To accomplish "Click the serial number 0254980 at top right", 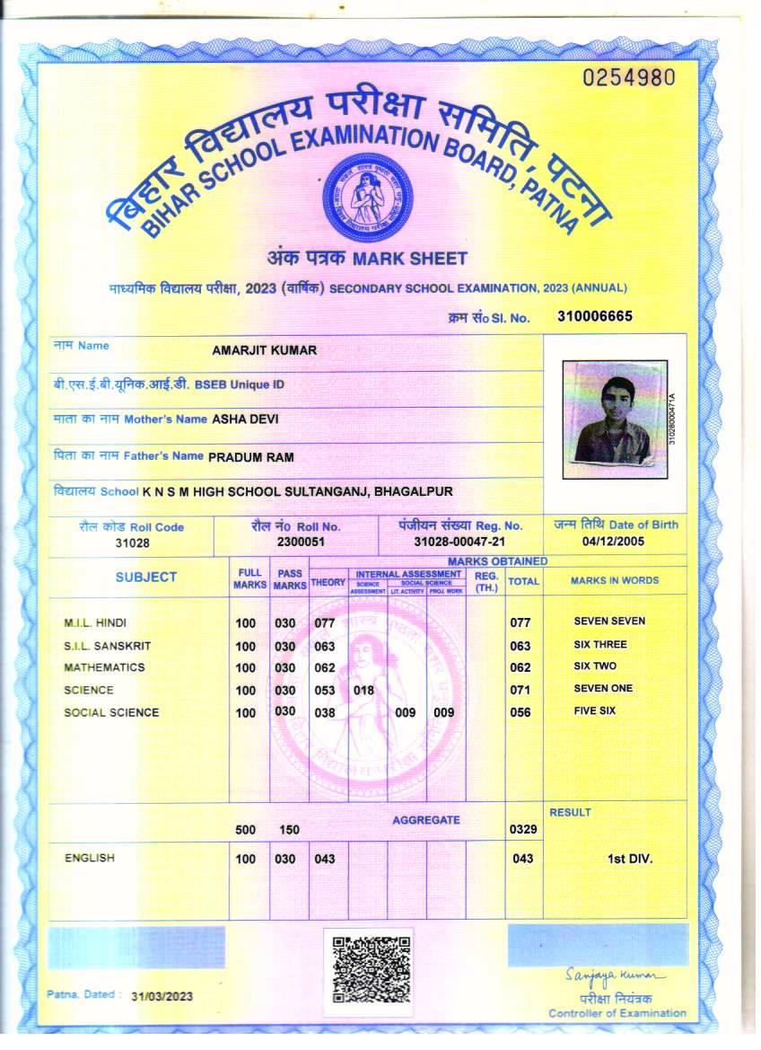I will click(x=628, y=77).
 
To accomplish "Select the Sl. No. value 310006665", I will click(x=595, y=316).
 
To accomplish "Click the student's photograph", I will click(x=615, y=419).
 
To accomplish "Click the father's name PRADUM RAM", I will click(x=251, y=457).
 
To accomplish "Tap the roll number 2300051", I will click(x=301, y=543).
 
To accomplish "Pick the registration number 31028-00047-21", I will click(x=459, y=543).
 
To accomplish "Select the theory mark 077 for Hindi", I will click(x=325, y=622).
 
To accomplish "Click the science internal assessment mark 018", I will click(x=363, y=691).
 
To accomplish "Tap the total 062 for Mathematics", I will click(x=520, y=668).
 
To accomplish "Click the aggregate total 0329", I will click(x=522, y=829).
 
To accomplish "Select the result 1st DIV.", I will click(x=630, y=859).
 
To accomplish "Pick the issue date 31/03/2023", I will click(x=162, y=997).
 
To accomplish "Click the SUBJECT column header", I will click(x=146, y=578).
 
